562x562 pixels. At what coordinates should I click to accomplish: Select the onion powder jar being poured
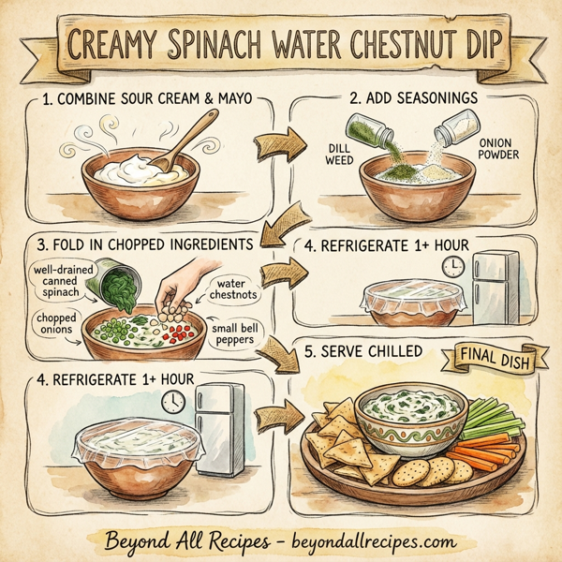point(459,127)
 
